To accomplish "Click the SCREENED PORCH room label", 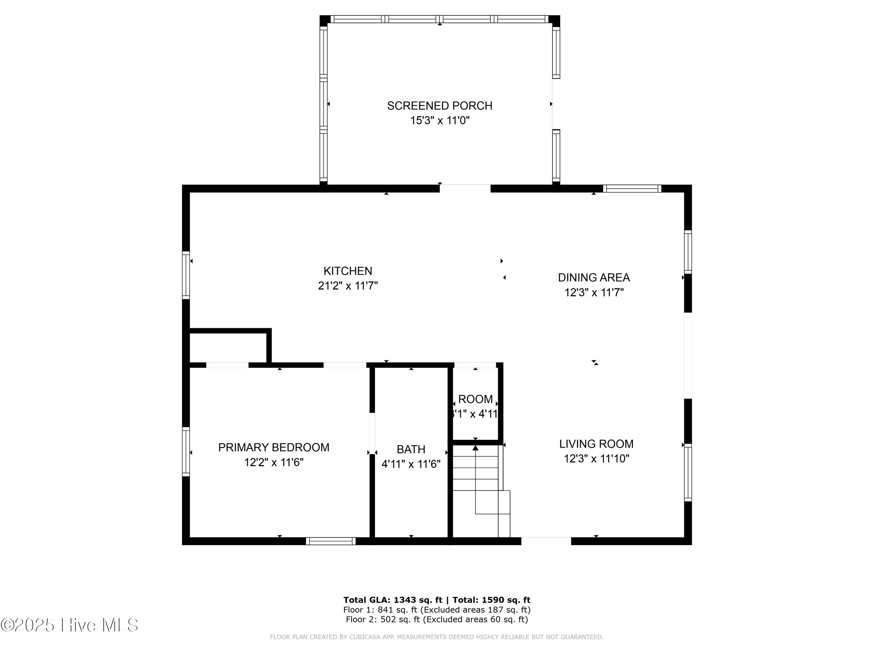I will click(x=439, y=106).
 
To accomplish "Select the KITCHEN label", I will click(x=348, y=271).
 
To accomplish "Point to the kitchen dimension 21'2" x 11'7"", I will click(x=348, y=286).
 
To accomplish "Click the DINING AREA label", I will click(x=593, y=277).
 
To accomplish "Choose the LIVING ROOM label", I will click(x=596, y=444).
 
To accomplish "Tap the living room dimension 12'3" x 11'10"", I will click(x=596, y=459).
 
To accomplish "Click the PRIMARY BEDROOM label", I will click(x=274, y=447).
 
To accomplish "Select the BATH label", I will click(x=411, y=449).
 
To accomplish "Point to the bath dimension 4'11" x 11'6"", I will click(x=411, y=464).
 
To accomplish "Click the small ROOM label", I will click(x=475, y=399).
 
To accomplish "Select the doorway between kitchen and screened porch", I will click(x=465, y=188).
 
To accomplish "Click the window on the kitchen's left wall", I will click(x=186, y=275).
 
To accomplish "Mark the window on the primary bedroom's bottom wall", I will click(x=331, y=541).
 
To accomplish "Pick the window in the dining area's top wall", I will click(x=632, y=189).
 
